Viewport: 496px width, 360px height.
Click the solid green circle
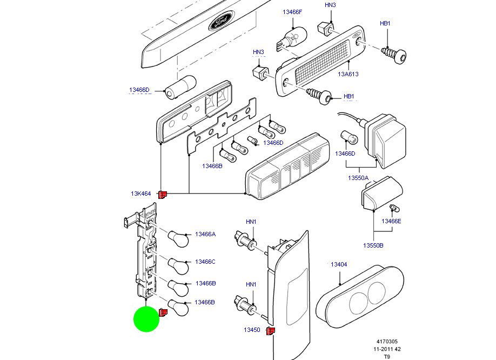pos(146,319)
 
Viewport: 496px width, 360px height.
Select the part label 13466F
pos(292,11)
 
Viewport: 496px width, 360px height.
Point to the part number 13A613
pos(348,75)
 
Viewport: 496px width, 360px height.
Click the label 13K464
pos(140,194)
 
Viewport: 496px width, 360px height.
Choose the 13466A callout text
pos(205,234)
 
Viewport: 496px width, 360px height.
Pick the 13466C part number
pos(205,262)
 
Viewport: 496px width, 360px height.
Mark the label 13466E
pos(391,221)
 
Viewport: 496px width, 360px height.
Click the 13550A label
pos(358,178)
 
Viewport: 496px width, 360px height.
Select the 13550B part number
pos(373,245)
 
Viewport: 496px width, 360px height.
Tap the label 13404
pos(339,264)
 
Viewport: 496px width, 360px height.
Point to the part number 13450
pos(251,330)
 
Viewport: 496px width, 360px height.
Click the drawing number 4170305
pos(387,342)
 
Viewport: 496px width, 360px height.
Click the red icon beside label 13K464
pos(163,194)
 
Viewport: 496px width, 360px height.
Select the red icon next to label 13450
pos(271,331)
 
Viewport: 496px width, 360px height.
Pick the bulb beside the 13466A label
pos(178,238)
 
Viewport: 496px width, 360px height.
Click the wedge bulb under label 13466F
pos(292,38)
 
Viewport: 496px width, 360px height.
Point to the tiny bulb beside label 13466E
pos(394,208)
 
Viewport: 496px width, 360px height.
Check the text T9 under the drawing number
pos(387,356)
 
